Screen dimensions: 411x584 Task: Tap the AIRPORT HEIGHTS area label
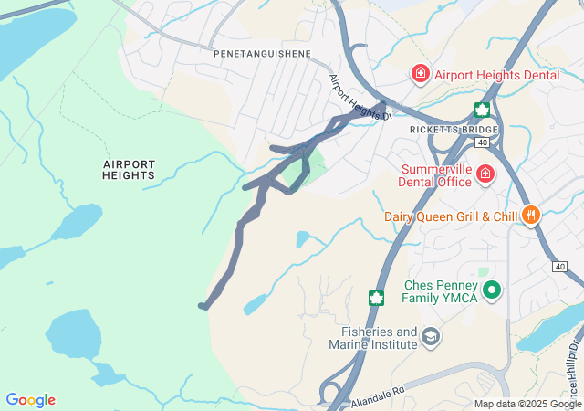tap(129, 170)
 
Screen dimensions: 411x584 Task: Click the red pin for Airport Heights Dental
tap(421, 74)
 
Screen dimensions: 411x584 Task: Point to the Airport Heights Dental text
tap(496, 75)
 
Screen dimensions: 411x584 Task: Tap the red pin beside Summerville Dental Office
tap(485, 173)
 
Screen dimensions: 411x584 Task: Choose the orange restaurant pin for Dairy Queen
tap(530, 216)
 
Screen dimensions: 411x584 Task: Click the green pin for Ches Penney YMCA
tap(493, 290)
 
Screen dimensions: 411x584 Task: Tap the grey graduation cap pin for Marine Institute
tap(430, 339)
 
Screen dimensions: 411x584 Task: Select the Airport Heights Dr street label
tap(360, 97)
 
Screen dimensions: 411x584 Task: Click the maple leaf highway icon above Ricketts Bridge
tap(481, 111)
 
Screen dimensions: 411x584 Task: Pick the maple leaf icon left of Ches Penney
tap(375, 298)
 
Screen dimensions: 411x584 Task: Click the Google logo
tap(30, 400)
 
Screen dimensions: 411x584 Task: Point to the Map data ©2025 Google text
tap(527, 404)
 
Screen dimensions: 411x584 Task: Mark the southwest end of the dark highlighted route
tap(203, 306)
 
